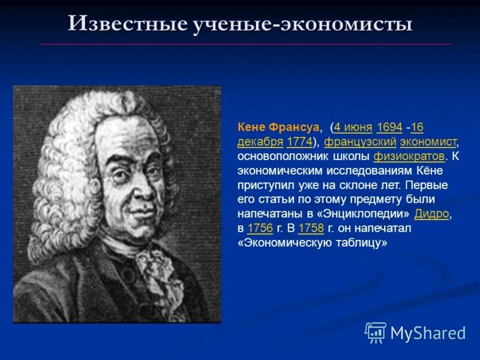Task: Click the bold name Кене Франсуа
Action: (x=278, y=127)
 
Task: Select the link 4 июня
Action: (x=353, y=127)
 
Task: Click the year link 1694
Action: (x=389, y=127)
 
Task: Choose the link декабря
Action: (x=260, y=142)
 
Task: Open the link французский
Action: (x=360, y=142)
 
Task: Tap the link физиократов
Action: (x=409, y=157)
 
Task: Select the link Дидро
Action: (x=431, y=214)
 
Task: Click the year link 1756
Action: (x=260, y=229)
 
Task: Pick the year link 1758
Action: (x=311, y=229)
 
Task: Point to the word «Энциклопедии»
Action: (x=366, y=214)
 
